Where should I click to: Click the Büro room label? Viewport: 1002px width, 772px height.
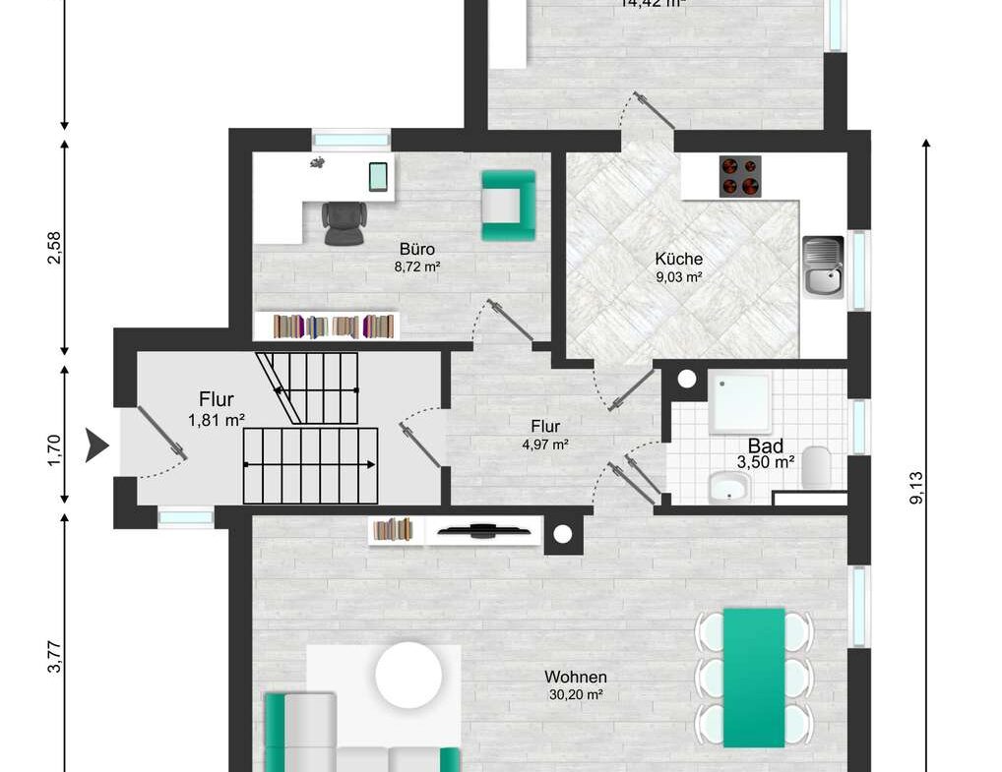[416, 249]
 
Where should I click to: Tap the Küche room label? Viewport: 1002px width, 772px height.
[679, 259]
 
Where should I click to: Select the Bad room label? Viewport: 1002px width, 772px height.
[766, 445]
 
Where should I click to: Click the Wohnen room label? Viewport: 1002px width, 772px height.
[576, 677]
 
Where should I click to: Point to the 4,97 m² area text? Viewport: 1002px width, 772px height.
[545, 444]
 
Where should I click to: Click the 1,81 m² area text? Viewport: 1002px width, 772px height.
[216, 420]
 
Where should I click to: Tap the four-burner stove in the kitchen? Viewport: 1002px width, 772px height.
[740, 177]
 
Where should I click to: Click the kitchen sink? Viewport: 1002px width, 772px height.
[823, 266]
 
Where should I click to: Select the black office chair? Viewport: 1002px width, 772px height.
[342, 221]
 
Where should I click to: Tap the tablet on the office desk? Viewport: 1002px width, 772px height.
[379, 176]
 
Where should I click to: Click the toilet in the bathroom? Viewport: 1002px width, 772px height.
[817, 467]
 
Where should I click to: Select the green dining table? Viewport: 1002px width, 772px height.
[754, 677]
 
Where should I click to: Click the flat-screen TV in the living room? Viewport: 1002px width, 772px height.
[486, 532]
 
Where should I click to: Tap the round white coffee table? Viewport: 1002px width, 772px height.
[408, 675]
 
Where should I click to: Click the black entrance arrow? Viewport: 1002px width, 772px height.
[96, 445]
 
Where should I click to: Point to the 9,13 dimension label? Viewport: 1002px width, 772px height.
[917, 487]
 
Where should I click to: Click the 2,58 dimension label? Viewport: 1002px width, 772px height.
[56, 247]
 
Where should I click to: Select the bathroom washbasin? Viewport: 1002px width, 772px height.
[729, 487]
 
